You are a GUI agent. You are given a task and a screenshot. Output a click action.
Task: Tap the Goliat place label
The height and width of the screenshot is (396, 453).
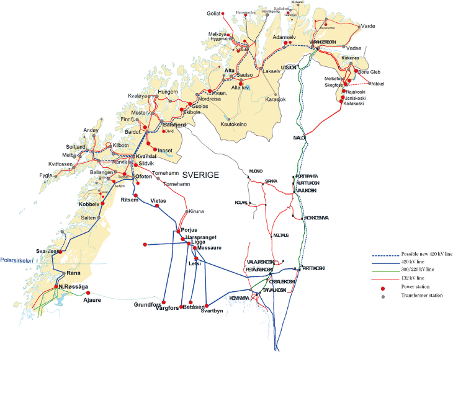(215, 13)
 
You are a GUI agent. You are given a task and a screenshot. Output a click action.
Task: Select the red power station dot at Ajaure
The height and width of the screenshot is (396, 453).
(88, 293)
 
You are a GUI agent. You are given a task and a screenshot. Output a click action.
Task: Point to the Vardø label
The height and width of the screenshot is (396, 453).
(369, 26)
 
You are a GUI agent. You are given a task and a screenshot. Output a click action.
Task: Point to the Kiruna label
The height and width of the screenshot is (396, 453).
(197, 211)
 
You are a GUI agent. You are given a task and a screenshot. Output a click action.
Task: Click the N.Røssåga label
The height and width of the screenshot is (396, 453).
(74, 286)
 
